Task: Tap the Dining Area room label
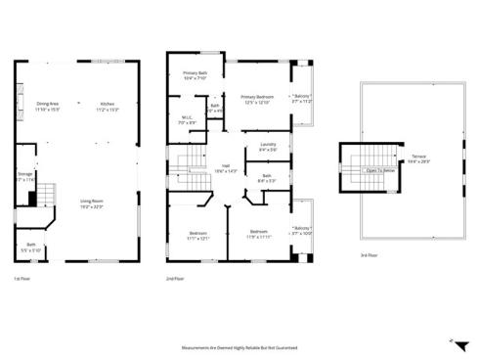(x=47, y=105)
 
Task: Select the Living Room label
(x=92, y=202)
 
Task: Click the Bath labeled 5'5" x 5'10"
(x=30, y=247)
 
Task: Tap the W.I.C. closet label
(x=188, y=121)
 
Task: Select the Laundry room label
(x=268, y=147)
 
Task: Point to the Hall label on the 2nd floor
(x=226, y=168)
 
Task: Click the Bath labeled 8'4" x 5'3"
(x=267, y=178)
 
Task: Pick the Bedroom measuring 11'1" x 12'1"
(x=197, y=235)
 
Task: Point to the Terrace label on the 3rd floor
(x=418, y=158)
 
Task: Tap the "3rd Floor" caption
(x=367, y=257)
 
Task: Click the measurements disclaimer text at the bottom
(x=239, y=347)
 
